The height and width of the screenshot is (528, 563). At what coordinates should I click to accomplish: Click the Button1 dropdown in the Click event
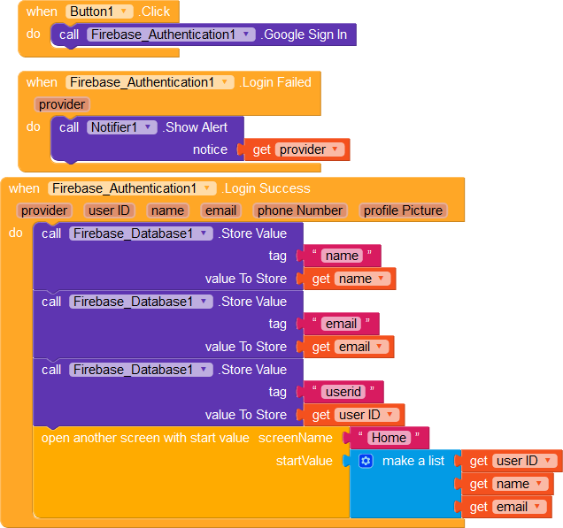(x=100, y=11)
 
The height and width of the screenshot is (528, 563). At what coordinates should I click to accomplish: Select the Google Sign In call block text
(x=305, y=34)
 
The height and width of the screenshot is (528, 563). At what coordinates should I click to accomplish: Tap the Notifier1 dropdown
(x=122, y=127)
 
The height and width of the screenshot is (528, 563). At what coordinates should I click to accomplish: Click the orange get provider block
(x=298, y=149)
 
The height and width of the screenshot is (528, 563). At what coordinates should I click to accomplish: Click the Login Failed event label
(x=275, y=82)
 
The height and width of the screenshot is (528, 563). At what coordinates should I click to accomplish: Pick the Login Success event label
(x=266, y=188)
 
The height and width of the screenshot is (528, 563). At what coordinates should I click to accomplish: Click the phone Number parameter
(x=299, y=210)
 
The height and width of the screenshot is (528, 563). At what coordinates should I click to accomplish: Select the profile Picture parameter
(x=403, y=210)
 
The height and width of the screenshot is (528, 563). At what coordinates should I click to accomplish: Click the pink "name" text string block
(x=342, y=256)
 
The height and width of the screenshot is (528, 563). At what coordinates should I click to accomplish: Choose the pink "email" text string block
(x=341, y=324)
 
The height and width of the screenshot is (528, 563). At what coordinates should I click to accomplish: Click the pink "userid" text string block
(x=343, y=392)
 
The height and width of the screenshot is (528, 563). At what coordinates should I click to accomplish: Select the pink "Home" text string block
(x=389, y=438)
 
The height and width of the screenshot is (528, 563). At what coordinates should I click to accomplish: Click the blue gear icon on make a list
(x=366, y=461)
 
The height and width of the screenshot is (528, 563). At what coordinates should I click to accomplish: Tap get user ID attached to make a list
(x=513, y=461)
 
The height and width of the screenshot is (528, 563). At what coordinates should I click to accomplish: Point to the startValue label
(x=305, y=461)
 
